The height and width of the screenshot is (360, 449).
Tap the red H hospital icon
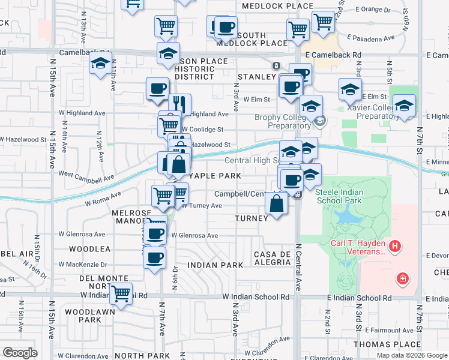click(394, 246)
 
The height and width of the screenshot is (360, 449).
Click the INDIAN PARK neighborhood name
click(215, 265)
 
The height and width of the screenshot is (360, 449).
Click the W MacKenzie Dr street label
click(83, 264)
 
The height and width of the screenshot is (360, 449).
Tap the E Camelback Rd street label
click(333, 54)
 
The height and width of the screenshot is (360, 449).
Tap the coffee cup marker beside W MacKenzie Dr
click(154, 258)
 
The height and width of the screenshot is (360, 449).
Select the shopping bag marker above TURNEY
click(276, 205)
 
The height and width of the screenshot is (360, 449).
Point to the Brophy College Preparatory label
click(282, 122)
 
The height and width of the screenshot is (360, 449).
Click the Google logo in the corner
click(20, 353)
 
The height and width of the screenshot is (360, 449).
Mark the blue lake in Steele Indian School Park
click(346, 215)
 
